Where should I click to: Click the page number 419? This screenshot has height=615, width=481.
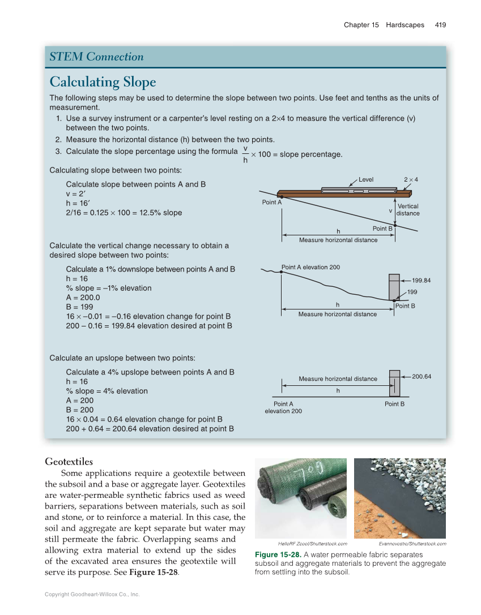[440, 25]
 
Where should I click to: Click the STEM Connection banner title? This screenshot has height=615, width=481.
[96, 57]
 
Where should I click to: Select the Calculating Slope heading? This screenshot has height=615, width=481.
[103, 82]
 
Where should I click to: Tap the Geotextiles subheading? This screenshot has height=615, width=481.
[69, 462]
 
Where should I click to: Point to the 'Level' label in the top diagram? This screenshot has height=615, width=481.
[366, 179]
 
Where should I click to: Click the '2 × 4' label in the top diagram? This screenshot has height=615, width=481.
[411, 179]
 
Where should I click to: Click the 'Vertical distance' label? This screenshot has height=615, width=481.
[408, 210]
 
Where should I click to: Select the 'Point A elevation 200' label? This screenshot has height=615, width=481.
[310, 267]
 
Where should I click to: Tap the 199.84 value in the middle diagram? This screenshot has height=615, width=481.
[422, 280]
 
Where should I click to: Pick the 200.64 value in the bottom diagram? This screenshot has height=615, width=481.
[422, 376]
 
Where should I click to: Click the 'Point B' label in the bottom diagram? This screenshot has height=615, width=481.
[394, 404]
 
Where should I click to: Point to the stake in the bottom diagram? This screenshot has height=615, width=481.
[394, 384]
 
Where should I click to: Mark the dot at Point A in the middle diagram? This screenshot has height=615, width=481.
[282, 272]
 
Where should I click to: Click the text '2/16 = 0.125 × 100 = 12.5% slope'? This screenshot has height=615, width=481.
[124, 213]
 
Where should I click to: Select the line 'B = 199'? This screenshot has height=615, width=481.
[79, 307]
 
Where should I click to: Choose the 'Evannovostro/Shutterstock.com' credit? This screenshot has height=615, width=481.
[412, 544]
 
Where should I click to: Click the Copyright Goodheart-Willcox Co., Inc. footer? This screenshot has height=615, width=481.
[92, 594]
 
